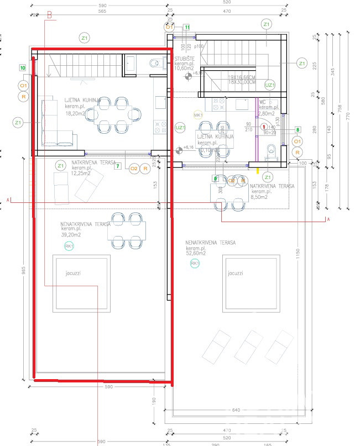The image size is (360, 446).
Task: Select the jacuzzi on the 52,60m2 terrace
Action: click(x=251, y=282)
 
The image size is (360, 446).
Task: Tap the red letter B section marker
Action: click(x=49, y=16)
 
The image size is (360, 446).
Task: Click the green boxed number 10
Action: click(x=23, y=68)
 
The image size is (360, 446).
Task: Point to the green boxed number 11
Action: click(x=187, y=27)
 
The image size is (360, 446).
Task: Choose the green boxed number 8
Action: click(x=298, y=130)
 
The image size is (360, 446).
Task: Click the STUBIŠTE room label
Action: click(x=184, y=58)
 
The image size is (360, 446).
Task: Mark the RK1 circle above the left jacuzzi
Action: click(x=69, y=246)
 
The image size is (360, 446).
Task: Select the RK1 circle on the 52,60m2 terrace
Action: click(x=195, y=264)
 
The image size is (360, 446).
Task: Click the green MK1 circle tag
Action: click(x=197, y=115)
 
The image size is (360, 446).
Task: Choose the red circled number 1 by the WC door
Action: click(x=264, y=127)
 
